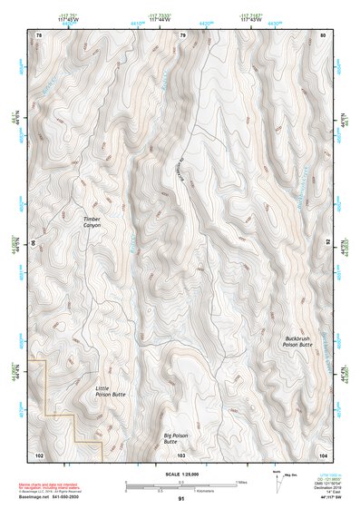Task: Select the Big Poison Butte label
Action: click(x=175, y=438)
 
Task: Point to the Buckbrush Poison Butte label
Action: click(x=297, y=342)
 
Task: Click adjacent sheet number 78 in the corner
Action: click(x=38, y=35)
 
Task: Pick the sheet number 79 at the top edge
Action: click(x=182, y=35)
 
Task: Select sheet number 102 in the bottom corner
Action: click(x=38, y=453)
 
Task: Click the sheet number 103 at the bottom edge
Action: click(x=181, y=453)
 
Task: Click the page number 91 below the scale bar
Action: click(x=181, y=498)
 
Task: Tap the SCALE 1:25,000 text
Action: click(x=180, y=474)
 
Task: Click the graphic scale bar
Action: click(x=181, y=483)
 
